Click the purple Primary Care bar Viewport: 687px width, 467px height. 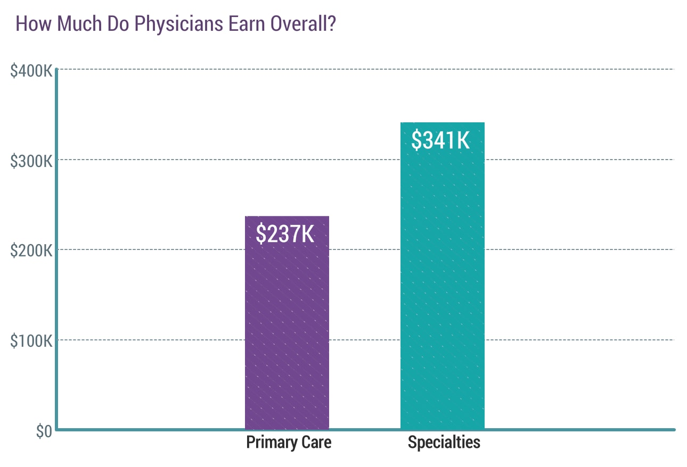pos(287,330)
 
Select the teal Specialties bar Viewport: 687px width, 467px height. pos(442,287)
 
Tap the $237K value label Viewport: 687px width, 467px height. pos(285,233)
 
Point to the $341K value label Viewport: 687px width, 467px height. pos(441,140)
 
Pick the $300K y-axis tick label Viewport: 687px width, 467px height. pos(31,160)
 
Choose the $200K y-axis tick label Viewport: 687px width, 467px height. pos(31,250)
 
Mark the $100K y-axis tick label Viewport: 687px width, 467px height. pos(31,340)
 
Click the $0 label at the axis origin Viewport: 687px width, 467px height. pos(44,431)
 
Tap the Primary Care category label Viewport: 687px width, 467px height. pos(289,443)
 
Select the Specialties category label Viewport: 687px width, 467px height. pos(444,443)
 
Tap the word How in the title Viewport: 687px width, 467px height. pos(31,24)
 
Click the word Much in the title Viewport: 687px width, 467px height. pos(72,24)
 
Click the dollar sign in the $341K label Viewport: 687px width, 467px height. pos(418,140)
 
